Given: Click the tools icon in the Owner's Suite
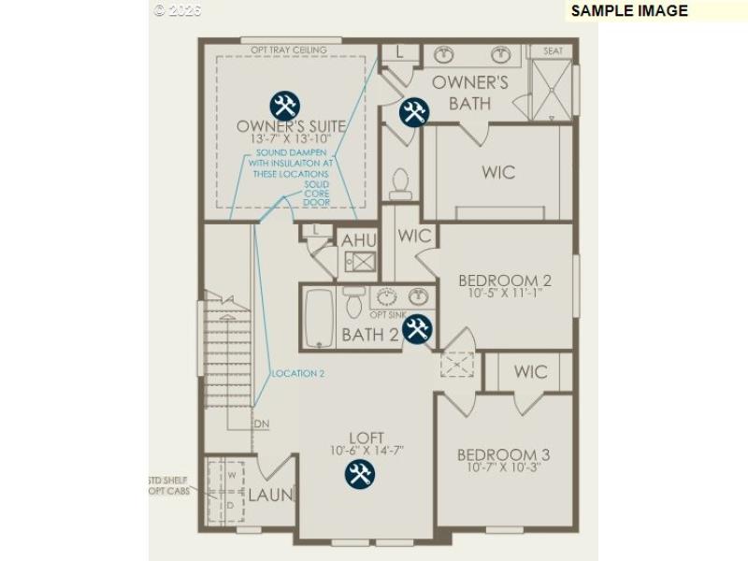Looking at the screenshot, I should point(284,106).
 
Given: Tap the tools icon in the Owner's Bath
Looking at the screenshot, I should point(413,113).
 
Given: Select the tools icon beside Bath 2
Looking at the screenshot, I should point(417,328).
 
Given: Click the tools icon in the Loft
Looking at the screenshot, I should point(359,474).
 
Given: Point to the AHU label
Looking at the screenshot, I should point(359,240).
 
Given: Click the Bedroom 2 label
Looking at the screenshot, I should point(504,280).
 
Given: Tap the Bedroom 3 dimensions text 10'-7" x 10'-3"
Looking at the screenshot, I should point(503,468).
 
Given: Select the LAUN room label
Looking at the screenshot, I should point(270,495).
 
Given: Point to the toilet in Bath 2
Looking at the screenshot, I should point(353,301).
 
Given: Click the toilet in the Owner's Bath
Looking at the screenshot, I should point(400,183).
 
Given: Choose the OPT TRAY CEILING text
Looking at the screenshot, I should point(289,50).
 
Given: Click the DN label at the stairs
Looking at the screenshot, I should point(261,424).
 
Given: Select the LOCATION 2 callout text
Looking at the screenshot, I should point(297,374).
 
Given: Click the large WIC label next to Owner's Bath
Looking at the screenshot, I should point(498,172).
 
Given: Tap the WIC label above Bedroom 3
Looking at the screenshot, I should point(530,372).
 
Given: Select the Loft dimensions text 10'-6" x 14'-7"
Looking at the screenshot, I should point(367,451).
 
